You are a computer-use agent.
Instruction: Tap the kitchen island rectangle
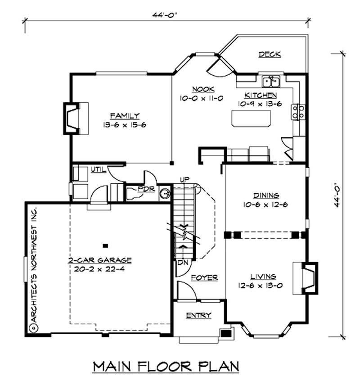point(252,118)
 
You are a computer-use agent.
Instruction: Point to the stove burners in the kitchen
point(298,111)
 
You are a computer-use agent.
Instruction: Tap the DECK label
point(270,54)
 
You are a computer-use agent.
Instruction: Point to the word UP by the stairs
point(184,180)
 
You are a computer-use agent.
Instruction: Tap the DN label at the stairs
point(182,262)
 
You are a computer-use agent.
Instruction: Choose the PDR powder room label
point(147,190)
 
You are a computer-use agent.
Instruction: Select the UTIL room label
point(98,169)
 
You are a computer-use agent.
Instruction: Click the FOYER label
point(204,277)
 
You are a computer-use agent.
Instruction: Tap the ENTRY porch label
point(198,315)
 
